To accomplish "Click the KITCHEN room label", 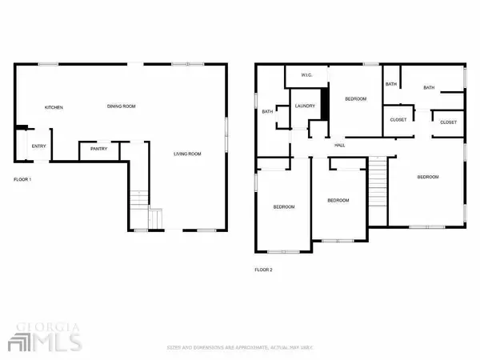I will click(54, 107).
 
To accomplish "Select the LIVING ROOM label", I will click(189, 154).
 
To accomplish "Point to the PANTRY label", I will click(98, 148).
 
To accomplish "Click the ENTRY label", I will click(38, 146).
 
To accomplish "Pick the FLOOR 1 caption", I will click(22, 179).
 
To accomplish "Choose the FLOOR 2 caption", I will click(264, 270).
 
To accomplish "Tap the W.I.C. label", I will click(307, 76).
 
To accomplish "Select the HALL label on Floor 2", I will click(339, 145).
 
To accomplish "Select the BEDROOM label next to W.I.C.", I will click(355, 98).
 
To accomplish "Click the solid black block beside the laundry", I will click(325, 102).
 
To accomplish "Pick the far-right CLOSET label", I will click(448, 122).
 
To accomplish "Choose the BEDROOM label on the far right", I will click(428, 177).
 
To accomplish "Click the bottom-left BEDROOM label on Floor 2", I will click(284, 207).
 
